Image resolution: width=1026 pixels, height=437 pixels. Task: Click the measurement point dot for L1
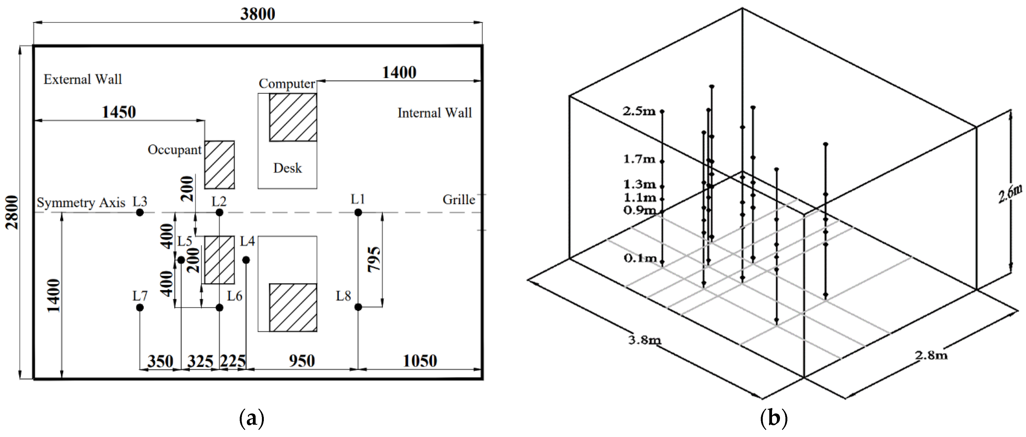coord(358,212)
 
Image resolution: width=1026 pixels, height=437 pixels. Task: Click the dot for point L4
coord(246,260)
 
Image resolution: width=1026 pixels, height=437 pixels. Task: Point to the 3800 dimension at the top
coord(258,14)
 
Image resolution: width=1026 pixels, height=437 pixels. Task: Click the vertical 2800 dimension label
coord(12,212)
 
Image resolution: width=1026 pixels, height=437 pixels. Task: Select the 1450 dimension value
coord(119,112)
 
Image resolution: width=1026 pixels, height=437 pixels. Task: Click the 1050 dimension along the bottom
coord(420,361)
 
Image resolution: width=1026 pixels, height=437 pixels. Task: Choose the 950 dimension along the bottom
coord(302,361)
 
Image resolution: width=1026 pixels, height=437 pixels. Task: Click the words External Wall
coord(83,80)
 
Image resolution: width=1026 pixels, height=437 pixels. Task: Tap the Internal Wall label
coord(435,113)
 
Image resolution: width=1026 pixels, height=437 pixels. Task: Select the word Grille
coord(459,200)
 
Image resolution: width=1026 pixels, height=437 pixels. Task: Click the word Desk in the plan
coord(288,168)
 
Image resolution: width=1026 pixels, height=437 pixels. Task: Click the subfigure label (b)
coord(773,419)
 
